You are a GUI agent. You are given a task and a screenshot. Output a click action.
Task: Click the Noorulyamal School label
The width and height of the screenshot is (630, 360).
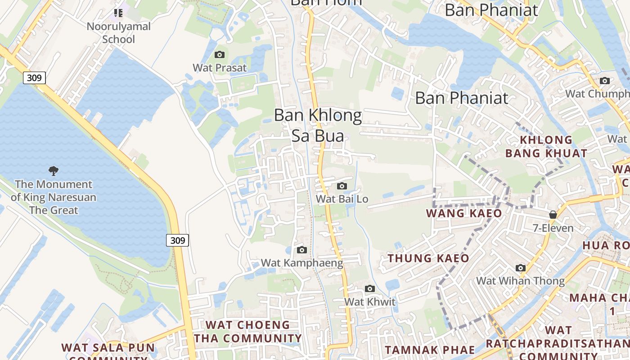pos(119,33)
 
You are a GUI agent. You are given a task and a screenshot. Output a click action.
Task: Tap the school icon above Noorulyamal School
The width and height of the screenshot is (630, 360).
pos(118,13)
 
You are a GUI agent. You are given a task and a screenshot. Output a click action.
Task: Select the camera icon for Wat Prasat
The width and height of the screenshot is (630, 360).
pos(220,55)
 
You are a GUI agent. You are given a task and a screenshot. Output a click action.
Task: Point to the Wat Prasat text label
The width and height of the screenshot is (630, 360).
pos(220,68)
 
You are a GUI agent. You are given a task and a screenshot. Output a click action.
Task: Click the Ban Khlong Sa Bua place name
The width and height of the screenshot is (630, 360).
pos(318,126)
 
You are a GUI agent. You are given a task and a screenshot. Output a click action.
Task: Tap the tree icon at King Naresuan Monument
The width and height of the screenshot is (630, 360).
pos(54,171)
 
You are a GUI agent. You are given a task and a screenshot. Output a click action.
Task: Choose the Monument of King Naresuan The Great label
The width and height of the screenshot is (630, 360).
pos(54,197)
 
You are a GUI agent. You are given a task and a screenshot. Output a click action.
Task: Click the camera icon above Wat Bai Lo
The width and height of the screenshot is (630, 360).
pos(342,186)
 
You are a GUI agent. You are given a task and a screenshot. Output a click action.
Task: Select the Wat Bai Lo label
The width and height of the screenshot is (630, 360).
pos(342,198)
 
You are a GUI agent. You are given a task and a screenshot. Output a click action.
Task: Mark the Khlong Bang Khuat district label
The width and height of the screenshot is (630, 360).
pos(546,147)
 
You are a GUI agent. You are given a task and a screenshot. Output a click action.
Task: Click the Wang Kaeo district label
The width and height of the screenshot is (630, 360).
pos(464,213)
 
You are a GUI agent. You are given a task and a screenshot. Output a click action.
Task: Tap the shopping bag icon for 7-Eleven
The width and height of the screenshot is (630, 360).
pos(553,215)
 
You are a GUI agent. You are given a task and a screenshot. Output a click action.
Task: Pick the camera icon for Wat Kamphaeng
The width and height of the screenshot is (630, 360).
pos(302,250)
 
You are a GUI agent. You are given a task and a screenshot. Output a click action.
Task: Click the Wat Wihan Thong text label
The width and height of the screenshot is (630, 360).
pos(521,281)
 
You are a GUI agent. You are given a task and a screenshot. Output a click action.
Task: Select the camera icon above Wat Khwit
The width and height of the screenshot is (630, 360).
pos(370,289)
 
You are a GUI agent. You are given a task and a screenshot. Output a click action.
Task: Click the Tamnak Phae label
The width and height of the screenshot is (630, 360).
pos(430,350)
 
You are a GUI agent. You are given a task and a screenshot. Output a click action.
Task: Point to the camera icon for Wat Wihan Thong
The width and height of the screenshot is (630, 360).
pos(521,268)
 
